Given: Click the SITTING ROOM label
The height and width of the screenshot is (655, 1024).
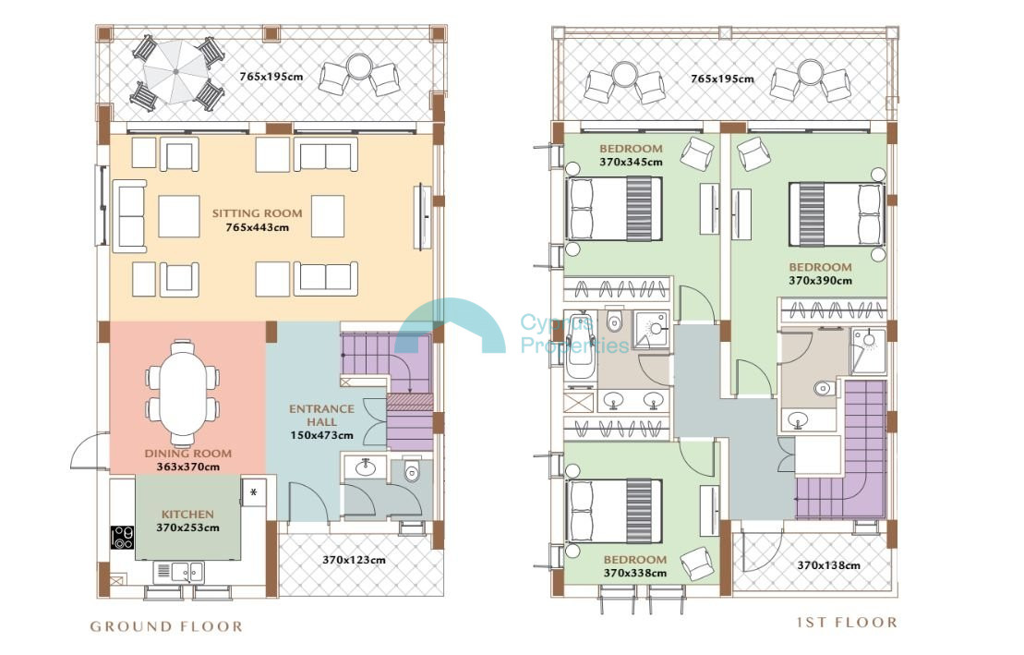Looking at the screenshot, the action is point(257,213).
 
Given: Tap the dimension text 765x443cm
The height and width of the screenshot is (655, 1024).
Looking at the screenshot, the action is point(257,227).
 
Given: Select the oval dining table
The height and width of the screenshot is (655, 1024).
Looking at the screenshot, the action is point(182,394).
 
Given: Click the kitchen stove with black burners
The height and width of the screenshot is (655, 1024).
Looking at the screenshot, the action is point(122,538).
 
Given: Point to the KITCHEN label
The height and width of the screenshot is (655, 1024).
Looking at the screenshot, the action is point(187,515).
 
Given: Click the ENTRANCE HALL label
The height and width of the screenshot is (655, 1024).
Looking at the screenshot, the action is point(322,415).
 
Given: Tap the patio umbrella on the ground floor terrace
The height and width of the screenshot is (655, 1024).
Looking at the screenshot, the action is point(175,72).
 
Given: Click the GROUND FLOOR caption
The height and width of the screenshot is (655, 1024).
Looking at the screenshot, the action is point(166,626).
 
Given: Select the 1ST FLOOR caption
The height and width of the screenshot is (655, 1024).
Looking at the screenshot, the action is point(847,623).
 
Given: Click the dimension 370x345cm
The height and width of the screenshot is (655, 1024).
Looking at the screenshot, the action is point(631,162).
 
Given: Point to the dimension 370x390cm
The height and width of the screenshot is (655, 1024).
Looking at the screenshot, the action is point(820,281).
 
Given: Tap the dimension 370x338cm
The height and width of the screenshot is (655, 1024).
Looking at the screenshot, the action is point(634,574).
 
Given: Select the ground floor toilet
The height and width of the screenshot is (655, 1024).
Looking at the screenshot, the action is point(412,469).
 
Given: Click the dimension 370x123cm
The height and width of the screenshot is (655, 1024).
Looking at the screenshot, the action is point(354,560).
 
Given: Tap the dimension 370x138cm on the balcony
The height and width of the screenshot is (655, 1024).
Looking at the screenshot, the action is point(829,564).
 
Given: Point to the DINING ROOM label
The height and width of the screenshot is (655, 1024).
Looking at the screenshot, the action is point(188,453).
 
